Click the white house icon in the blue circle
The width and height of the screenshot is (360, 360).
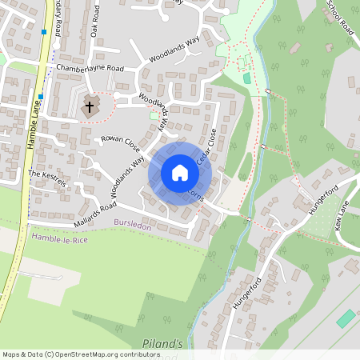coord(179,173)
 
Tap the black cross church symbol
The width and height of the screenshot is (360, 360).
coord(90,106)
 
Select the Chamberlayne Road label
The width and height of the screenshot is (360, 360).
coord(90,69)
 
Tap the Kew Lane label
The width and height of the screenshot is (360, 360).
coord(343,218)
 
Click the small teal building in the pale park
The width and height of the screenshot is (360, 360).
coord(246,78)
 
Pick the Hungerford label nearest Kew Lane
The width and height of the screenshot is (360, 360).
coord(322,197)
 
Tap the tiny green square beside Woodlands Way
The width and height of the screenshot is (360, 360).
coord(154,117)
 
